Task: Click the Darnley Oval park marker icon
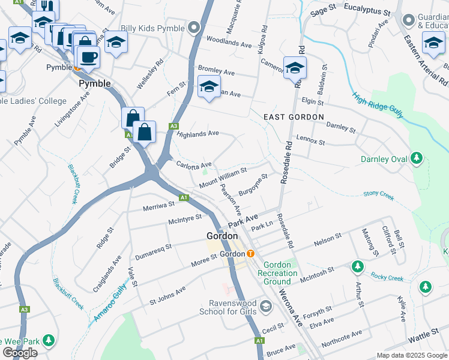(x=415, y=160)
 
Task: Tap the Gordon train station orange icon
(x=251, y=254)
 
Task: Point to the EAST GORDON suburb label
(x=293, y=117)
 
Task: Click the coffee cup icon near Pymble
(x=89, y=57)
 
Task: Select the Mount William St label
(x=223, y=176)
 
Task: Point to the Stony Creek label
(x=378, y=194)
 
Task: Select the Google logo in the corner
(x=20, y=353)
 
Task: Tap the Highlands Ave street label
(x=197, y=134)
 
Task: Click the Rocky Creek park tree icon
(x=358, y=266)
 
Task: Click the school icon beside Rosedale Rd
(x=295, y=68)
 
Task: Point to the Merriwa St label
(x=158, y=205)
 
